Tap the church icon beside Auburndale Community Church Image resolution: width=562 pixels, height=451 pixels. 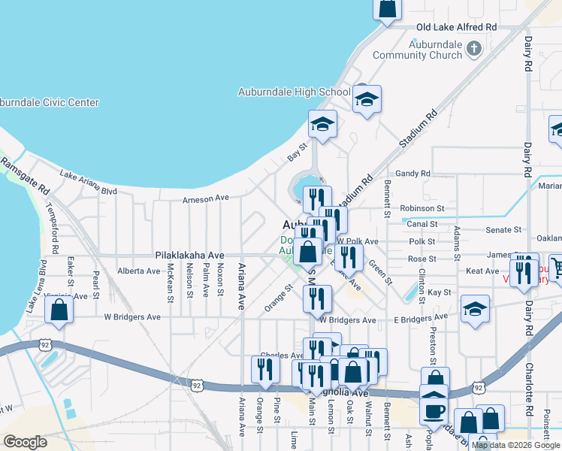[x=473, y=49]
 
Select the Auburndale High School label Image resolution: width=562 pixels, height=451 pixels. [x=294, y=92]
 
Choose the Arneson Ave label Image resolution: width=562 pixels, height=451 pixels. [x=205, y=200]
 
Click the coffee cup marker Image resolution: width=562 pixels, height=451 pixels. [x=434, y=410]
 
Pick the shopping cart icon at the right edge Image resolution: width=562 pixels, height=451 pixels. [x=557, y=266]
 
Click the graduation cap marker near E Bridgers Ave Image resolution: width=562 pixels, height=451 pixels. [x=475, y=309]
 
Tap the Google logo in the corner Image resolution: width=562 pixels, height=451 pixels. [x=25, y=442]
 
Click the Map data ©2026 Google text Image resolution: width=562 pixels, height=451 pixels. [x=515, y=445]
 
